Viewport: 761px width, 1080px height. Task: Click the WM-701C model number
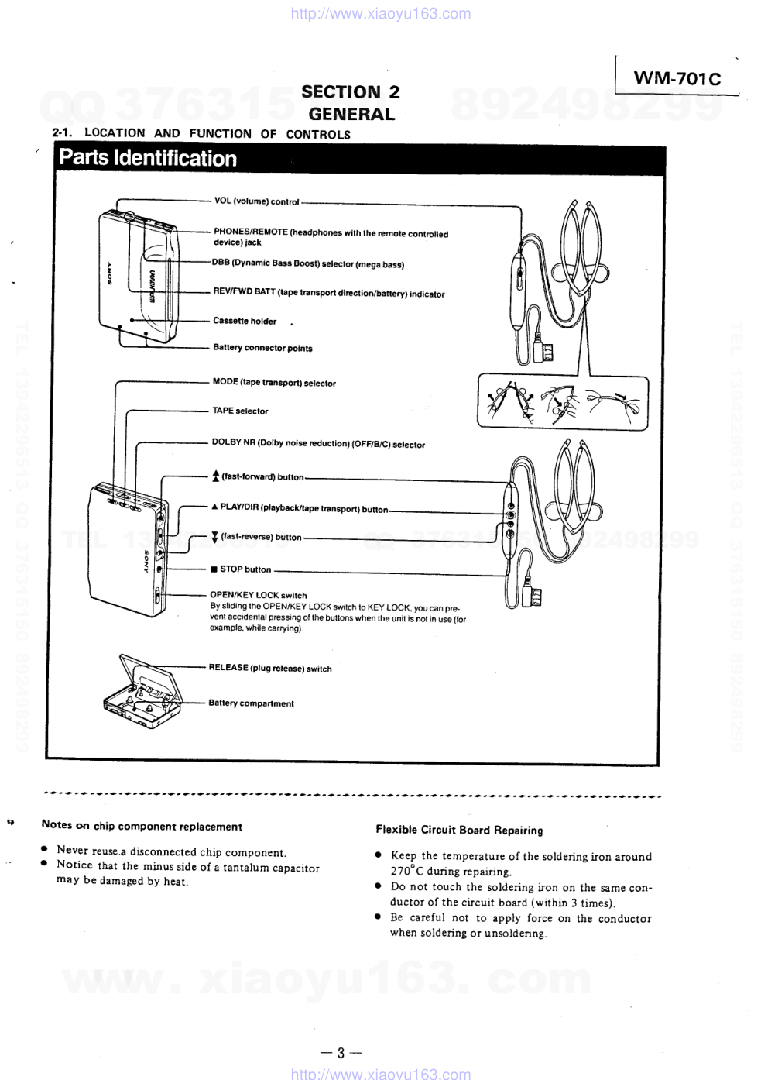coord(677,78)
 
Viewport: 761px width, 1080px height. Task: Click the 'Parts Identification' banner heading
coord(148,158)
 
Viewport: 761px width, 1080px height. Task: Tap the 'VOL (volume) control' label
coord(256,201)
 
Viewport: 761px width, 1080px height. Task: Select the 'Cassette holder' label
coord(245,321)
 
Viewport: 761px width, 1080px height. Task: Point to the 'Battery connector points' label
coord(262,348)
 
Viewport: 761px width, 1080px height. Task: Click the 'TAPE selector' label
coord(240,411)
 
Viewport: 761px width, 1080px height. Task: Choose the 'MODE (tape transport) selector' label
coord(274,383)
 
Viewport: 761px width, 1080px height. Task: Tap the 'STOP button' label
coord(245,569)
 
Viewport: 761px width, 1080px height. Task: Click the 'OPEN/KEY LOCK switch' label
coord(258,596)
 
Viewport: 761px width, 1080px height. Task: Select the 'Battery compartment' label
coord(251,703)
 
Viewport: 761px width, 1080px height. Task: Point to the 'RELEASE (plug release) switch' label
coord(269,668)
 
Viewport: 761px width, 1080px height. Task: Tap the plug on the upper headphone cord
coord(544,353)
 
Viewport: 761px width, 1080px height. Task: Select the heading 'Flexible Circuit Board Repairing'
coord(459,831)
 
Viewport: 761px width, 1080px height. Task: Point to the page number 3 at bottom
coord(341,1052)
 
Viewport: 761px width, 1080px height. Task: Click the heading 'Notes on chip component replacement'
coord(142,827)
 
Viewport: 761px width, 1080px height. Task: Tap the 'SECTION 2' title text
coord(351,91)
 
